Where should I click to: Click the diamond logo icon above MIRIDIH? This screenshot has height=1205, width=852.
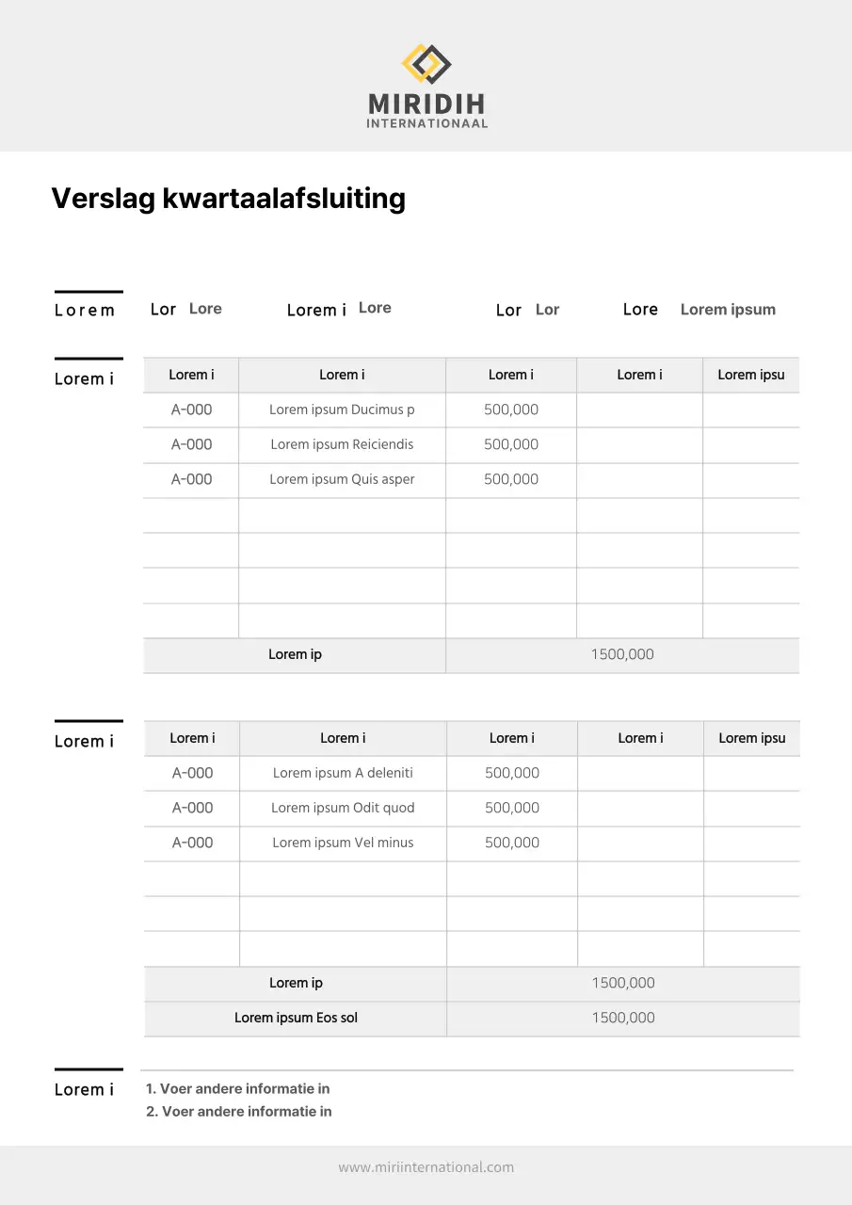[426, 64]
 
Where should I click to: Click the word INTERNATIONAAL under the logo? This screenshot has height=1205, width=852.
[426, 123]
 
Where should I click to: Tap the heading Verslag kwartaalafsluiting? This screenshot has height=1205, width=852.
[228, 199]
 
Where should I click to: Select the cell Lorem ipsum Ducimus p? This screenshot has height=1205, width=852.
[342, 410]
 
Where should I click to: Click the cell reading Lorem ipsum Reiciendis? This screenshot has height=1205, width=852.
[342, 444]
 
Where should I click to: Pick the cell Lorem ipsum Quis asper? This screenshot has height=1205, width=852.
[342, 479]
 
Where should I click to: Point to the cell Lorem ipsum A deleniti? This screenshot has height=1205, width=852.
[343, 773]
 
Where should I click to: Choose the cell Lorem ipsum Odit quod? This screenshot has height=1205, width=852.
[343, 808]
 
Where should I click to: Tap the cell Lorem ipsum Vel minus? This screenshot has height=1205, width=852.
[343, 843]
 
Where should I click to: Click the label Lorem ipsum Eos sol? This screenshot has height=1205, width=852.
[296, 1018]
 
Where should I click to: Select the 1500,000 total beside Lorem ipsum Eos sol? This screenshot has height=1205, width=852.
[623, 1018]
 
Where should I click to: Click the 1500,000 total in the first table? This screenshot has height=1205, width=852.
[622, 654]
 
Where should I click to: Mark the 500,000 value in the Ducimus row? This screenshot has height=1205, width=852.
[511, 410]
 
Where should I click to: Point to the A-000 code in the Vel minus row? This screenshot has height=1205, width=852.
[192, 843]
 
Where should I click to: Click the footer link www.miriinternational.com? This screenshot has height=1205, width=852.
[426, 1167]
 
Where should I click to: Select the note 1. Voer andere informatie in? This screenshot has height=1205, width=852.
[237, 1089]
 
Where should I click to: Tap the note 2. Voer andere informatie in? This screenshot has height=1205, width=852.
[239, 1112]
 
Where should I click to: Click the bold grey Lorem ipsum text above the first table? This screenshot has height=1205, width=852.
[728, 310]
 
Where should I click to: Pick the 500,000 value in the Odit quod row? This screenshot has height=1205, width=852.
[512, 808]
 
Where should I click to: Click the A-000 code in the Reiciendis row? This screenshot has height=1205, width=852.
[191, 444]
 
